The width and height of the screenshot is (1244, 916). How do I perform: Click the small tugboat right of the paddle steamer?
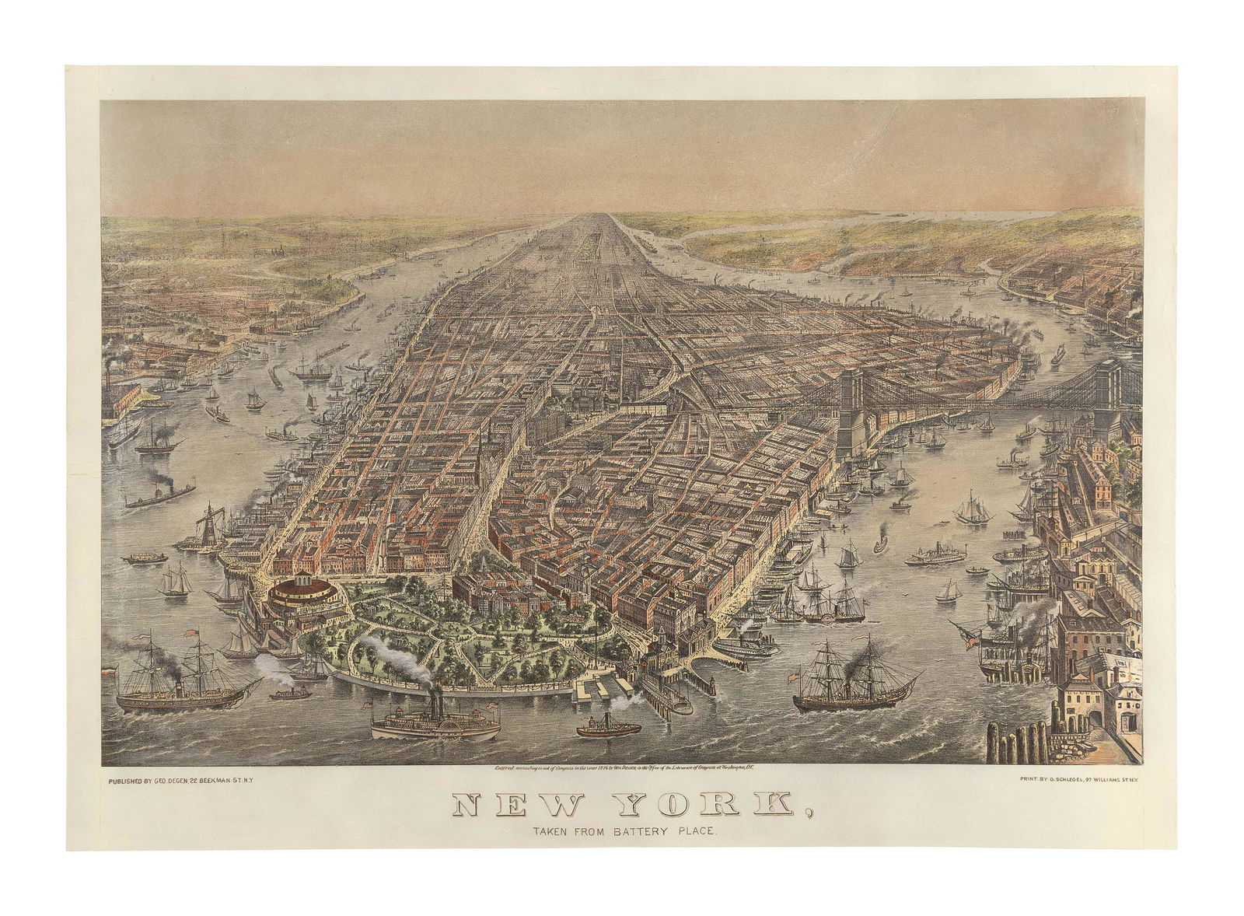(x=608, y=728)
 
